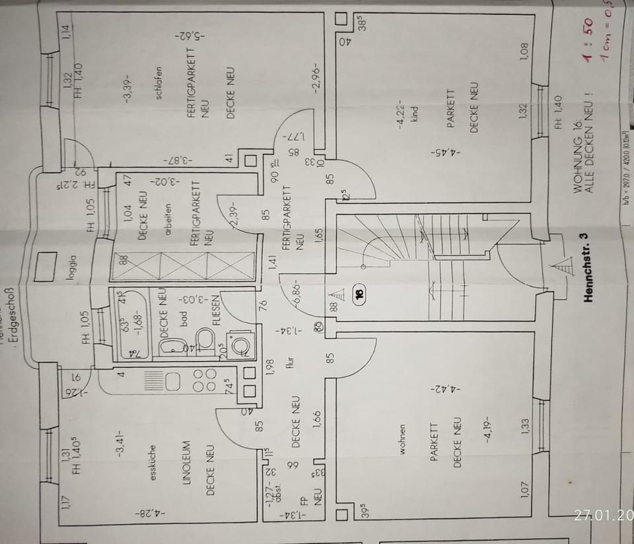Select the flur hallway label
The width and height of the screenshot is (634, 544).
coord(289,362)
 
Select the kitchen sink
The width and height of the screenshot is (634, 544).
coord(173,382)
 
